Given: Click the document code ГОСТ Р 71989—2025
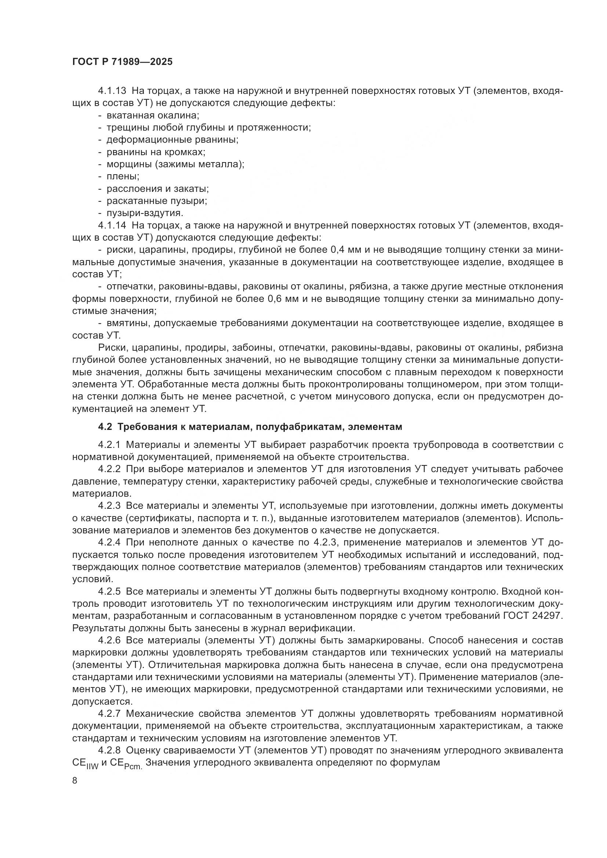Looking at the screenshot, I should [122, 62].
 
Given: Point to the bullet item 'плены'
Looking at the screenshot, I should [123, 176].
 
